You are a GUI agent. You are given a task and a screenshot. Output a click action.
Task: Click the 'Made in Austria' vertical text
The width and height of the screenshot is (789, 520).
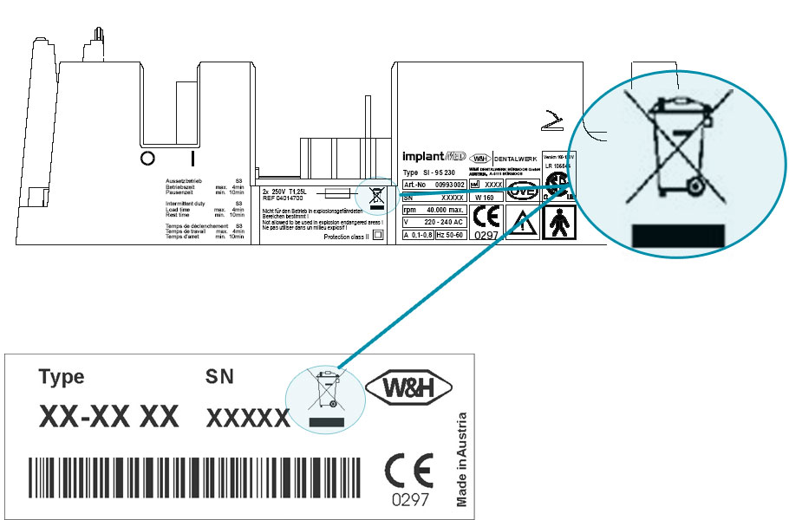point(461,459)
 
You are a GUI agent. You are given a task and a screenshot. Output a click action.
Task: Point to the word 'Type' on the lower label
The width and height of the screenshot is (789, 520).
point(62,377)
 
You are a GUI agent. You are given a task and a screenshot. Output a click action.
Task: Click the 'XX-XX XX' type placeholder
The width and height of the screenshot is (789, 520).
point(108,417)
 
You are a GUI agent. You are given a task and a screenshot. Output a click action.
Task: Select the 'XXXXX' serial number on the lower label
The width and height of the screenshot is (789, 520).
point(248,419)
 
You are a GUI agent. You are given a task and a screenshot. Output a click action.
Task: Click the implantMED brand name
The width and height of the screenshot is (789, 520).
point(433,157)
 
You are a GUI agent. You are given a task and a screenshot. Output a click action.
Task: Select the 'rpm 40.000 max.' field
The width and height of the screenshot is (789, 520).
point(435,209)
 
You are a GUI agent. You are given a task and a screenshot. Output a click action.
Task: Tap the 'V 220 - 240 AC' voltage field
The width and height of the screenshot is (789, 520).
point(435,221)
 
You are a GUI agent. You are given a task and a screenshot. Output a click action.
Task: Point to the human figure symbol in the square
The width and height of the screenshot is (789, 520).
point(558,223)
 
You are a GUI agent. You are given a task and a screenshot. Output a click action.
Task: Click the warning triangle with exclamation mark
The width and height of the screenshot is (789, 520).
point(520,224)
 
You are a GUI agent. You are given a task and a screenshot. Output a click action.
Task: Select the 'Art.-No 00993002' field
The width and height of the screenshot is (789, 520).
point(435,185)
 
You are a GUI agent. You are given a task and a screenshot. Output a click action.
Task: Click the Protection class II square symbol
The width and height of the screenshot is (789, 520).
point(377,237)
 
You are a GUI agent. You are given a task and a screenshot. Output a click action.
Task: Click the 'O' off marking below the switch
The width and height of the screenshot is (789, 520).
point(147,158)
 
